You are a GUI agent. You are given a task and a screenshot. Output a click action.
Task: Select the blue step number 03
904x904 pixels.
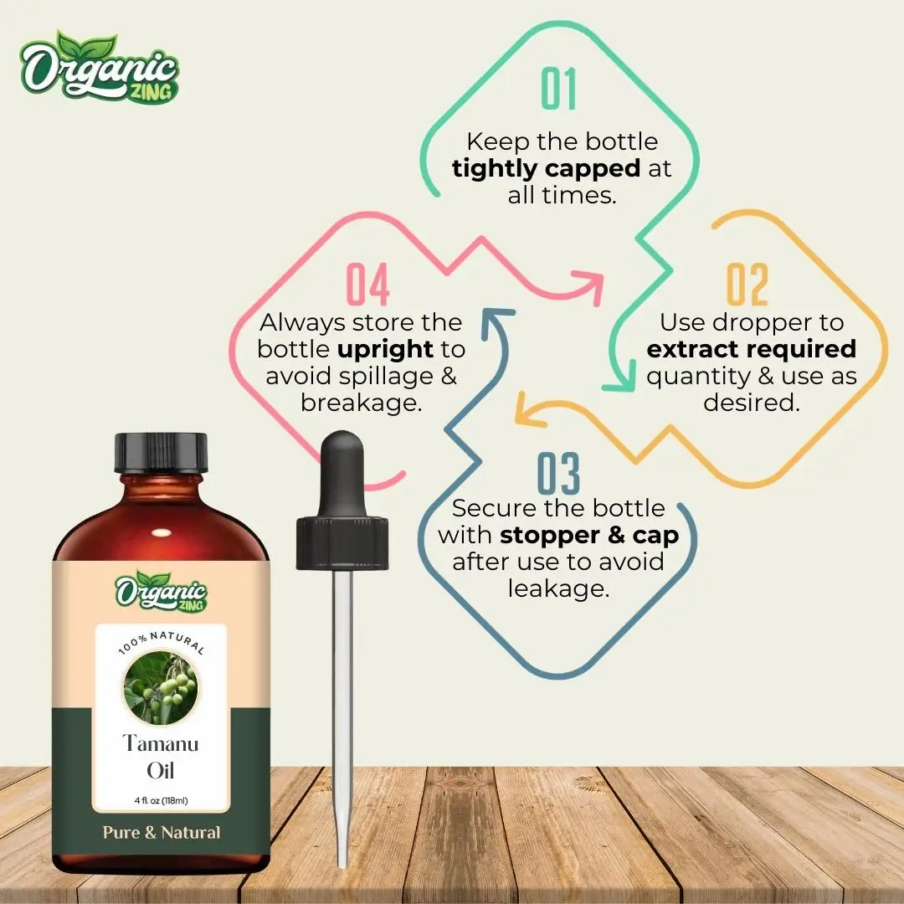coord(558,474)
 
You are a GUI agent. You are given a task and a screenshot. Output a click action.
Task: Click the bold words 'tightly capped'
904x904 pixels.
coord(546,168)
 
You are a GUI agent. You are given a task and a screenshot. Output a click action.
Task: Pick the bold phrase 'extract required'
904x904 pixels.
coord(752,349)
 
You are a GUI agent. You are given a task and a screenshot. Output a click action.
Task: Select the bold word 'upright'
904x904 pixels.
coord(385,349)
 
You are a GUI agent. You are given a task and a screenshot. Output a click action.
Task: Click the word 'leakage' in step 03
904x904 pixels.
coord(557,588)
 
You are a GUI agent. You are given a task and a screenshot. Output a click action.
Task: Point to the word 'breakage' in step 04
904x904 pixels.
coord(360,403)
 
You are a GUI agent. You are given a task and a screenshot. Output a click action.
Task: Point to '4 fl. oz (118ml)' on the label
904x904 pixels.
coord(161,801)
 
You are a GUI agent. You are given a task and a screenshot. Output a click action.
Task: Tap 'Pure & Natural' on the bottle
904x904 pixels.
coord(162,833)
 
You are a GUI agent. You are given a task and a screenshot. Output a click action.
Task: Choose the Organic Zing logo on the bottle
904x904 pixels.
coord(162,590)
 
